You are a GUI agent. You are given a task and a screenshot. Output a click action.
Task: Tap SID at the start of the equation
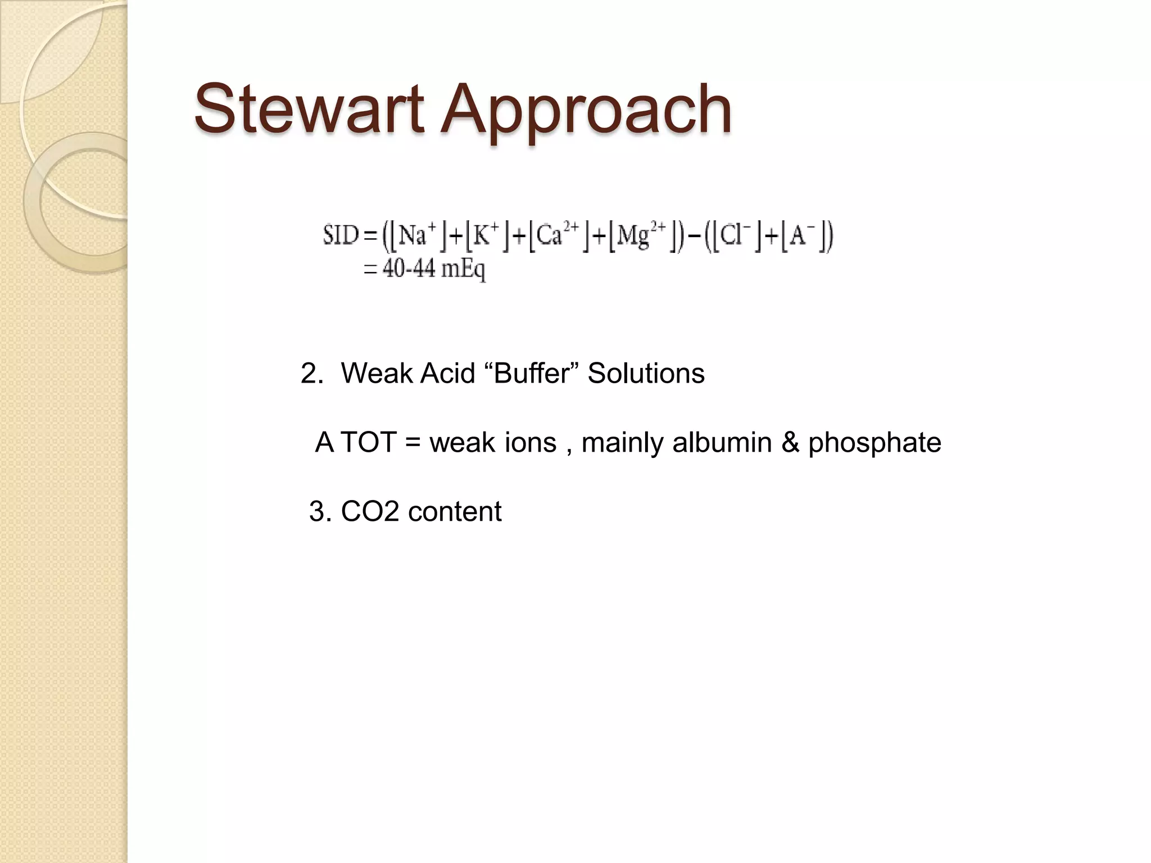(x=341, y=235)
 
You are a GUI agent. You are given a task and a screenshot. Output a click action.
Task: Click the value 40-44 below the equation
(x=409, y=269)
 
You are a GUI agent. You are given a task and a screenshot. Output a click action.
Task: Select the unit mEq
(x=463, y=270)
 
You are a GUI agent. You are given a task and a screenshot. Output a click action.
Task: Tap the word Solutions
(x=646, y=373)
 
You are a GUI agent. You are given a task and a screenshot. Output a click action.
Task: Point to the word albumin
(x=722, y=442)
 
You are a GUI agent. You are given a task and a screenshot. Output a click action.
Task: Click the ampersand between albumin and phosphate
(x=790, y=442)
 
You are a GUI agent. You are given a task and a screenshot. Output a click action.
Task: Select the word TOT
(x=369, y=442)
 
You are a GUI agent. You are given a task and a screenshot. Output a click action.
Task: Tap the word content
(x=455, y=511)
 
